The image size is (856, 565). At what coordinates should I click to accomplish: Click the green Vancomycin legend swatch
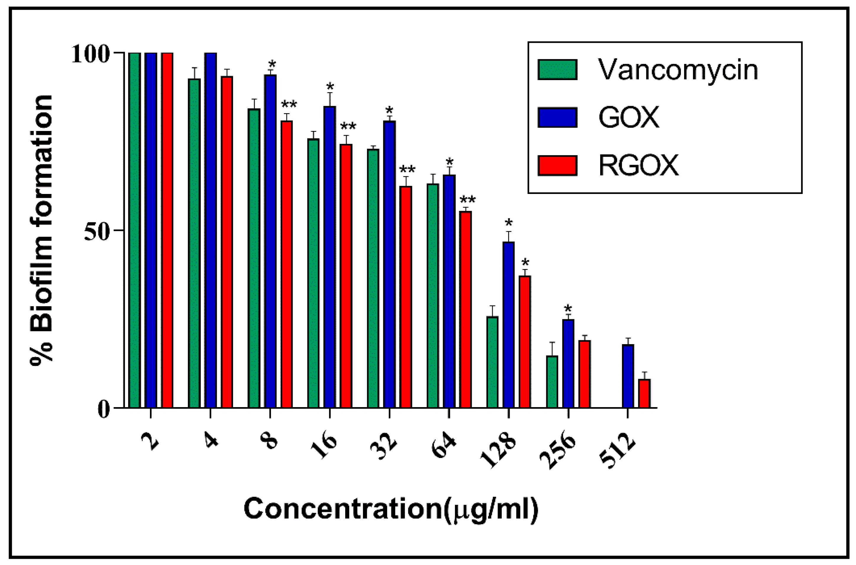pyautogui.click(x=557, y=69)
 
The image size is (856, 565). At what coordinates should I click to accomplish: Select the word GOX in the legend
pyautogui.click(x=629, y=117)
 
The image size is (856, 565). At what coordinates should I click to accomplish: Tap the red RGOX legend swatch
pyautogui.click(x=557, y=165)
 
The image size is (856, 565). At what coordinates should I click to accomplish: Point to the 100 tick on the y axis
pyautogui.click(x=91, y=54)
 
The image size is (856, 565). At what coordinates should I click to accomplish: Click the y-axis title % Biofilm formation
pyautogui.click(x=41, y=231)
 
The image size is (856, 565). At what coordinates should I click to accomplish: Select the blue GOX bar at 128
pyautogui.click(x=508, y=324)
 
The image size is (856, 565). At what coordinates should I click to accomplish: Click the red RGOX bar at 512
pyautogui.click(x=645, y=393)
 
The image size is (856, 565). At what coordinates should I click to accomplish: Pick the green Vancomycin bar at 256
pyautogui.click(x=552, y=382)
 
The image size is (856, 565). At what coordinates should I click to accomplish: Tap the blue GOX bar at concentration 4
pyautogui.click(x=211, y=231)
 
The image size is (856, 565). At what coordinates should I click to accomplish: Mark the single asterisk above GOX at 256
pyautogui.click(x=568, y=308)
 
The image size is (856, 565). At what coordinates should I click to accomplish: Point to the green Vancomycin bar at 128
pyautogui.click(x=492, y=362)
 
